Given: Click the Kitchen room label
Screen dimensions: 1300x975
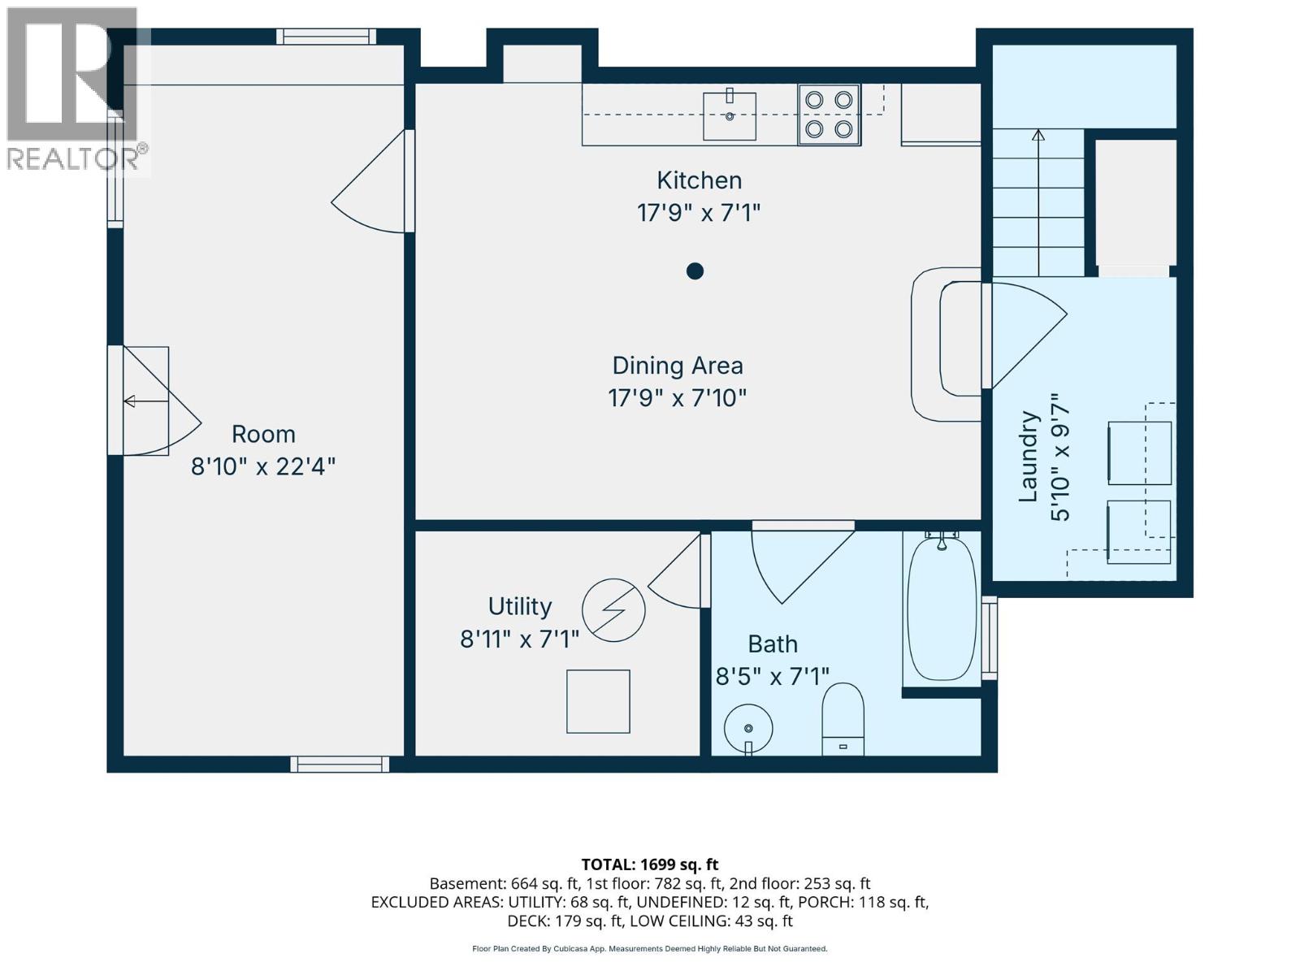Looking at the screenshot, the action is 699,180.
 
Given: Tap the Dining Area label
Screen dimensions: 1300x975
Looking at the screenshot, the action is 677,366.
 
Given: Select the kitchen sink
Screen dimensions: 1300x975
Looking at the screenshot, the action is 729,116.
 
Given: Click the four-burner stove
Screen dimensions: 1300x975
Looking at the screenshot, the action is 829,115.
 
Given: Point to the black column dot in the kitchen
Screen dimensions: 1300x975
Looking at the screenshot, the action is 695,271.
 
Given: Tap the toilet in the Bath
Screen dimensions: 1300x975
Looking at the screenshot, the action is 843,719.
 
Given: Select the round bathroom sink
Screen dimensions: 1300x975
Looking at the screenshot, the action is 748,728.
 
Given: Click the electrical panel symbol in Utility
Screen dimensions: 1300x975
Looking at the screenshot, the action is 613,609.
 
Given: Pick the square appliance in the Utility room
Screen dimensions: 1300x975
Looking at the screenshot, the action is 598,701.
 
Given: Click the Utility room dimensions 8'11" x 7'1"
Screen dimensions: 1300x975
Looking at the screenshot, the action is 519,639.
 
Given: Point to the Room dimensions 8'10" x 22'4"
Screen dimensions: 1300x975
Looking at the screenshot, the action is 263,466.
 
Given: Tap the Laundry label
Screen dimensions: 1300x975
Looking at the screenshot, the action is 1029,457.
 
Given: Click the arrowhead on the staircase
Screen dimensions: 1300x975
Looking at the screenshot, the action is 1038,136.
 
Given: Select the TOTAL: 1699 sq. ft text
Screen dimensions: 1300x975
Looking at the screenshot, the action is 650,864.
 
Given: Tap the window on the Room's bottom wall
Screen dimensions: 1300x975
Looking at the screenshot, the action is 340,765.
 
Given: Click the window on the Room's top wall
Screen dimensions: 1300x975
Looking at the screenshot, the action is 327,37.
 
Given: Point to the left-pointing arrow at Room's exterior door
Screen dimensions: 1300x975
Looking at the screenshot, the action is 146,401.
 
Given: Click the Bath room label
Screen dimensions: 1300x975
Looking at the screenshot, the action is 773,644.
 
